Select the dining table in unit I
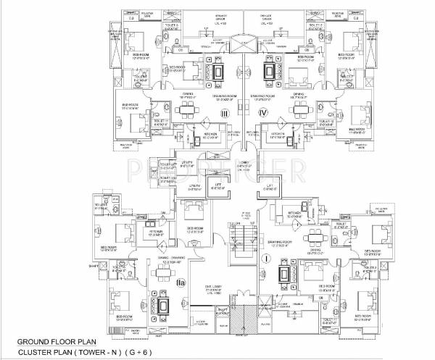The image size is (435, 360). [x=314, y=237]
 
